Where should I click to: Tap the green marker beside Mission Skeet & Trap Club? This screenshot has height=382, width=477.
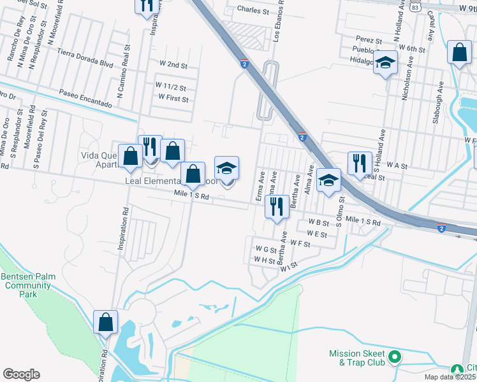click(395, 358)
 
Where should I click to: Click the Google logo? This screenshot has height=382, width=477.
click(21, 374)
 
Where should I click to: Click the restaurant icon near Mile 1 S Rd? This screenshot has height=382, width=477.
click(276, 206)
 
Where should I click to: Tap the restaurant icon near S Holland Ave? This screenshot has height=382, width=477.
click(360, 162)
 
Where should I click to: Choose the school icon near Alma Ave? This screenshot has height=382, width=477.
click(328, 180)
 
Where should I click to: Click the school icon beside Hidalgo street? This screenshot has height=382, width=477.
click(385, 62)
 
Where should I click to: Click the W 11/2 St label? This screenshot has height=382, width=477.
click(170, 87)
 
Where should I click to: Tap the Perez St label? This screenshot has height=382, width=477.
click(369, 41)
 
